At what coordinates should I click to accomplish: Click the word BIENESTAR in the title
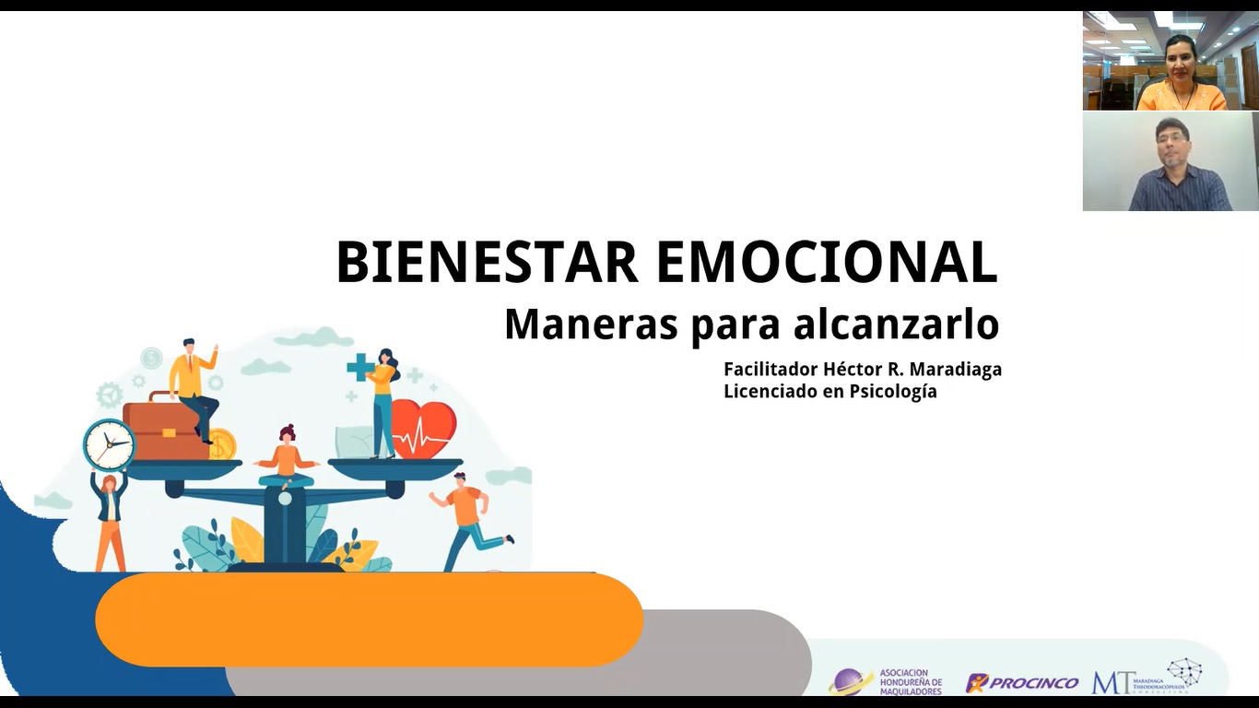coord(487,262)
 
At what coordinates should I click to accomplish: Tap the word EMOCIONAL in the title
coord(827,262)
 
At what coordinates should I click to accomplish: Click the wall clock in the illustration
coord(109,444)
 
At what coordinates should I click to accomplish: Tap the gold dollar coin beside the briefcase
coord(221,444)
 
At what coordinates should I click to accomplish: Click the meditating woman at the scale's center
coord(286,457)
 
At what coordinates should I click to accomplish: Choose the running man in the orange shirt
coord(468,518)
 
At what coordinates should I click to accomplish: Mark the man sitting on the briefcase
coord(194,387)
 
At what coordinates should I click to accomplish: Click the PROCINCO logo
coord(1023,683)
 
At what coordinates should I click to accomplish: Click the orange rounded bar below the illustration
coord(369,619)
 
